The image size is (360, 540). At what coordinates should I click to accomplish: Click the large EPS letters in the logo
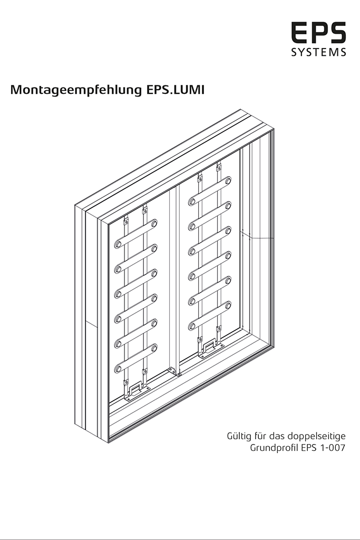tap(318, 33)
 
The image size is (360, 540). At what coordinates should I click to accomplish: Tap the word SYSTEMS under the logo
tap(318, 52)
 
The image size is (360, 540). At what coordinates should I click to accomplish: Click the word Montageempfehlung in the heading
tap(76, 90)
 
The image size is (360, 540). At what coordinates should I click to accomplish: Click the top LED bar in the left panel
tap(136, 234)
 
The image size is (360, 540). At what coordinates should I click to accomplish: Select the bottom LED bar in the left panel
tap(136, 358)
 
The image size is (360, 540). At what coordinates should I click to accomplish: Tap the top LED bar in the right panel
tap(210, 191)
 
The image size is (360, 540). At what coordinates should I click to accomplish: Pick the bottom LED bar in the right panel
tap(210, 316)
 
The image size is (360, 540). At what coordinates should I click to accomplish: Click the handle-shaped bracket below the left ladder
tap(137, 392)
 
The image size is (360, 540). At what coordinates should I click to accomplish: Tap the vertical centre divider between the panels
tap(174, 279)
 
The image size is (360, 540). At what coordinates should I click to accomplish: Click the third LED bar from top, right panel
tap(210, 241)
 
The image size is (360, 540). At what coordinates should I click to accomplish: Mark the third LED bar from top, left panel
tap(136, 284)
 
